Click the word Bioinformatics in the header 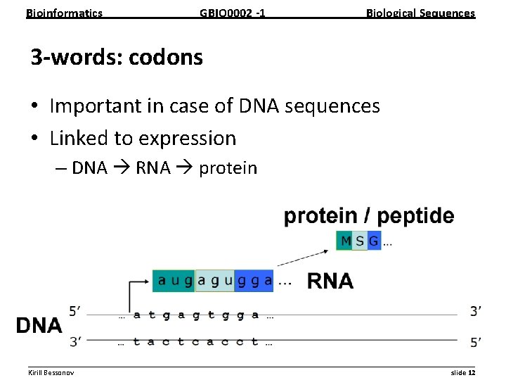[x=64, y=13]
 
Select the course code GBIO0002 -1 [x=232, y=13]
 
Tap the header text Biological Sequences [x=420, y=13]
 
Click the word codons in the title [x=165, y=57]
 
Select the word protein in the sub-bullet [x=228, y=168]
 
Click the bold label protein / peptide [x=369, y=216]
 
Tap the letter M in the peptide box [x=345, y=241]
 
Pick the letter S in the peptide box [x=360, y=241]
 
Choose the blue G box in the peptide [x=374, y=241]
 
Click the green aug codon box [x=174, y=280]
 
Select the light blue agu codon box [x=214, y=280]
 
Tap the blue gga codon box [x=254, y=280]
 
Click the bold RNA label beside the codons [x=330, y=281]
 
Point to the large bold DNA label [x=39, y=325]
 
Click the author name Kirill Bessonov [x=51, y=372]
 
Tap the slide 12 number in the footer [x=462, y=372]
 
